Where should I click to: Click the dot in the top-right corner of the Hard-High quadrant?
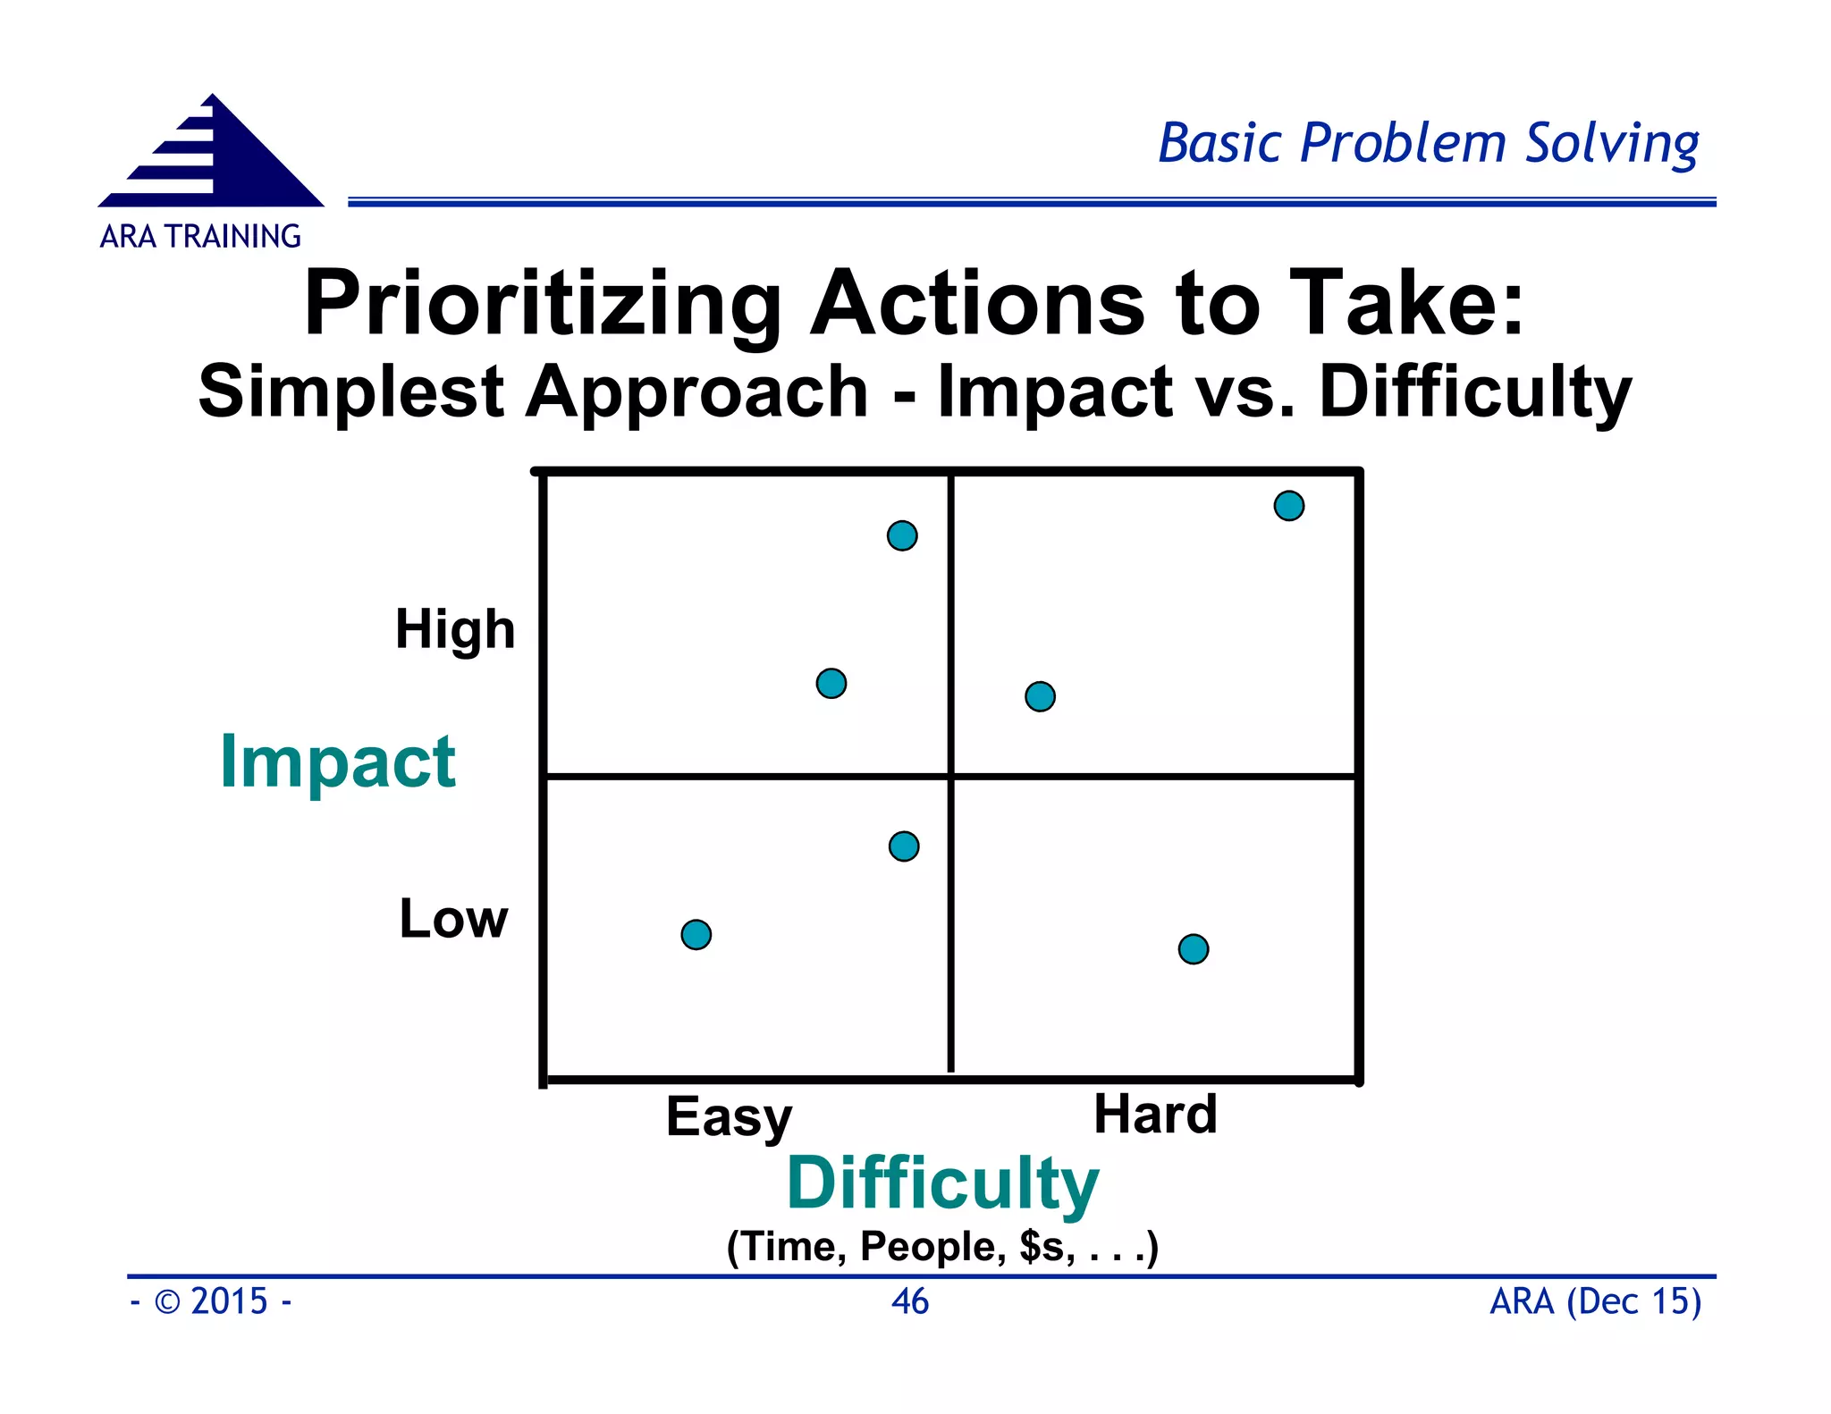coord(1288,506)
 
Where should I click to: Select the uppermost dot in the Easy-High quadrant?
coord(902,535)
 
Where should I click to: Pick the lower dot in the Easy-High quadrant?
coord(831,684)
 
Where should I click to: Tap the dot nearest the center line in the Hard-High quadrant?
coord(1040,696)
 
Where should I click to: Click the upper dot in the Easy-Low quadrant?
coord(904,846)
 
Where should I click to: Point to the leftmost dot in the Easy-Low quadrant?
coord(696,935)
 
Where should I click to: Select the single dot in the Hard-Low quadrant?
coord(1194,949)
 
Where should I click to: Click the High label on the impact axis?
coord(455,629)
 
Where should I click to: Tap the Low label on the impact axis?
coord(453,919)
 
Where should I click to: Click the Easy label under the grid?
coord(729,1117)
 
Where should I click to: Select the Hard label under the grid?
coord(1155,1114)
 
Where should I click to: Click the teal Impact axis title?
coord(338,762)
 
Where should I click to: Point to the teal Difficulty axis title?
coord(942,1183)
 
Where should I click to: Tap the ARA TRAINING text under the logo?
coord(200,237)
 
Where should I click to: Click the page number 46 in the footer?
coord(910,1301)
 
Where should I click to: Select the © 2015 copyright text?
coord(212,1301)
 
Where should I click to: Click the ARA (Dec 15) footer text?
coord(1595,1301)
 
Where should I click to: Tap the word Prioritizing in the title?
coord(543,304)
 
